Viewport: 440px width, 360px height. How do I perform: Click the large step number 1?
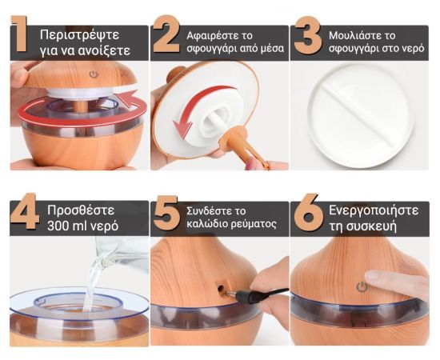pos(19,34)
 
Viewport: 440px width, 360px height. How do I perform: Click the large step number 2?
pos(166,34)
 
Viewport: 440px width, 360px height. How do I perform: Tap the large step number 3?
pos(308,35)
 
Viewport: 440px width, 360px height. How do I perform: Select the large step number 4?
pos(25,211)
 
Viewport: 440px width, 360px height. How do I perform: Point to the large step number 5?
pos(166,213)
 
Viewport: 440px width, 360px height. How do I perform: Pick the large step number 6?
pos(309,212)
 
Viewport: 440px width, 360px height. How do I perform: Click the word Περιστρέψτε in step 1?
pos(80,35)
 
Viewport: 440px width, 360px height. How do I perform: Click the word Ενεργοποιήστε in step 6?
pos(374,211)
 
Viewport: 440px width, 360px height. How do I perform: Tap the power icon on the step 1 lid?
pos(94,74)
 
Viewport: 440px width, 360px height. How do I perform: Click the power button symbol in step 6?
pos(362,287)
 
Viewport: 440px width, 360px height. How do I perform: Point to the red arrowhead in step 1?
pos(127,98)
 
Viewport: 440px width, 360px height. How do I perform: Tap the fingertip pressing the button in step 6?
pos(372,276)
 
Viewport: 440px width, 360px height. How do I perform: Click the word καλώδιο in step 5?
pos(207,224)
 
